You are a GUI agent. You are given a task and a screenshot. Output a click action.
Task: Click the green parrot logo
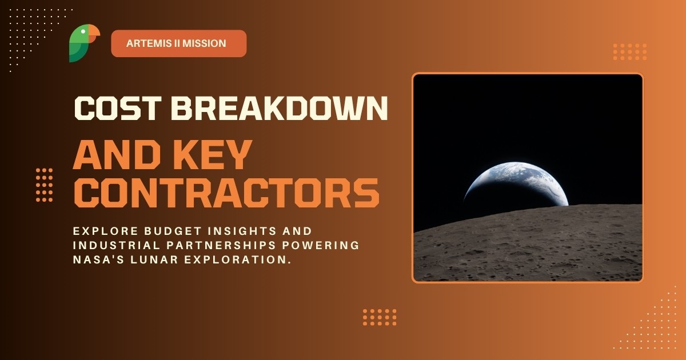tap(82, 44)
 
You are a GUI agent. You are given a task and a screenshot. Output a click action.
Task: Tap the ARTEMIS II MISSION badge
tap(178, 43)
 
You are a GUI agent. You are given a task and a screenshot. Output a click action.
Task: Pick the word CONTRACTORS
tap(226, 193)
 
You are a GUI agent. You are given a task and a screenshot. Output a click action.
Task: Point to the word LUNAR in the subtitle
tap(154, 260)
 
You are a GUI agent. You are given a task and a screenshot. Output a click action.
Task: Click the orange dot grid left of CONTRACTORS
tap(44, 185)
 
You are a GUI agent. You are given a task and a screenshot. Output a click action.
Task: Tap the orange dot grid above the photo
tap(629, 51)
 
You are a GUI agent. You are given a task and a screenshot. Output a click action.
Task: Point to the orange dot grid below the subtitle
tap(380, 317)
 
